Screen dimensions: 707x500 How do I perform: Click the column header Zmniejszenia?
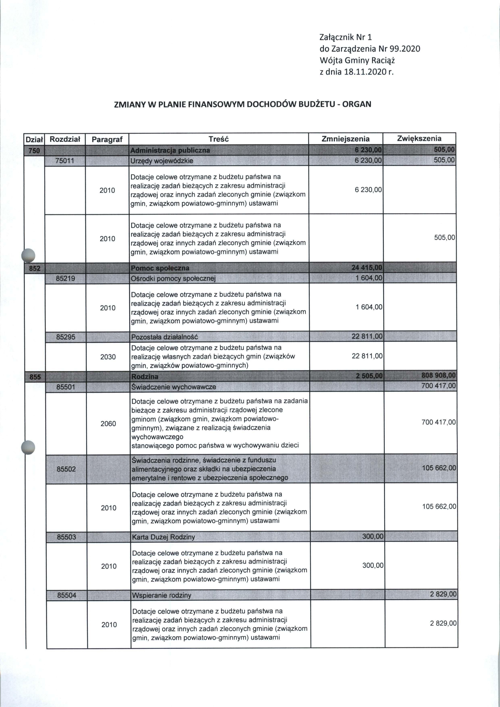point(345,139)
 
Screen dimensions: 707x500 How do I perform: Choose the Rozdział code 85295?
point(66,337)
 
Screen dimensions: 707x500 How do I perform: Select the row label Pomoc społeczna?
point(160,268)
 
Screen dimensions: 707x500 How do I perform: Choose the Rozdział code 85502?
point(66,469)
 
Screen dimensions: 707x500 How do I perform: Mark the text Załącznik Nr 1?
point(346,38)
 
